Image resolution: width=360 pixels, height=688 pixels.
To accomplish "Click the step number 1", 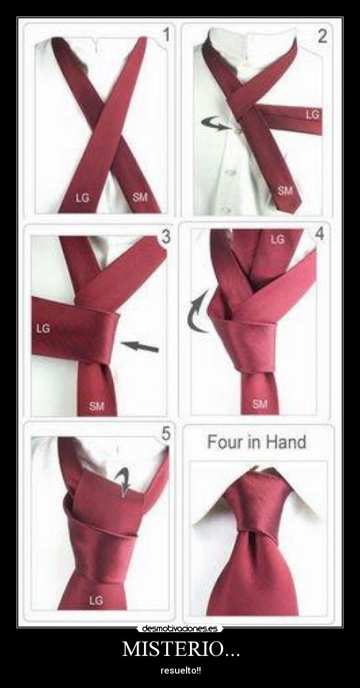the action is [166, 34].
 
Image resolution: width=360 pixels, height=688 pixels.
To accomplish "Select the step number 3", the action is [166, 237].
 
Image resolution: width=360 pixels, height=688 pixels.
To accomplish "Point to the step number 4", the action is [320, 234].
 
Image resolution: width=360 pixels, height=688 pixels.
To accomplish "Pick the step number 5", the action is [166, 434].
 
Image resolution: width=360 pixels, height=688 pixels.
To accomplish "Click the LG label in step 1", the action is [83, 198].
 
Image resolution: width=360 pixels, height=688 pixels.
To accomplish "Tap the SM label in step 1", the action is [140, 197].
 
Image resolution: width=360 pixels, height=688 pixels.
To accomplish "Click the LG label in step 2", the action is [313, 115].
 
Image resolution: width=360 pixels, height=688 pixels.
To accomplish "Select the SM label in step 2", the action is [285, 191].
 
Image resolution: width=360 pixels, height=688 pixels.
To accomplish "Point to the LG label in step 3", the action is [43, 329].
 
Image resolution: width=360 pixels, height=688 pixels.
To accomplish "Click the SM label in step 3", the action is [97, 406].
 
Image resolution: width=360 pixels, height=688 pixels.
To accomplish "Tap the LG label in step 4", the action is [277, 239].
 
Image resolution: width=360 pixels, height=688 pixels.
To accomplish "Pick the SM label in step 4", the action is [260, 404].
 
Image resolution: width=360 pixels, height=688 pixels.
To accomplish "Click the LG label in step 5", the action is [96, 600].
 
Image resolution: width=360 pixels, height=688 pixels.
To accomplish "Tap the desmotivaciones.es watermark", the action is [180, 629].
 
